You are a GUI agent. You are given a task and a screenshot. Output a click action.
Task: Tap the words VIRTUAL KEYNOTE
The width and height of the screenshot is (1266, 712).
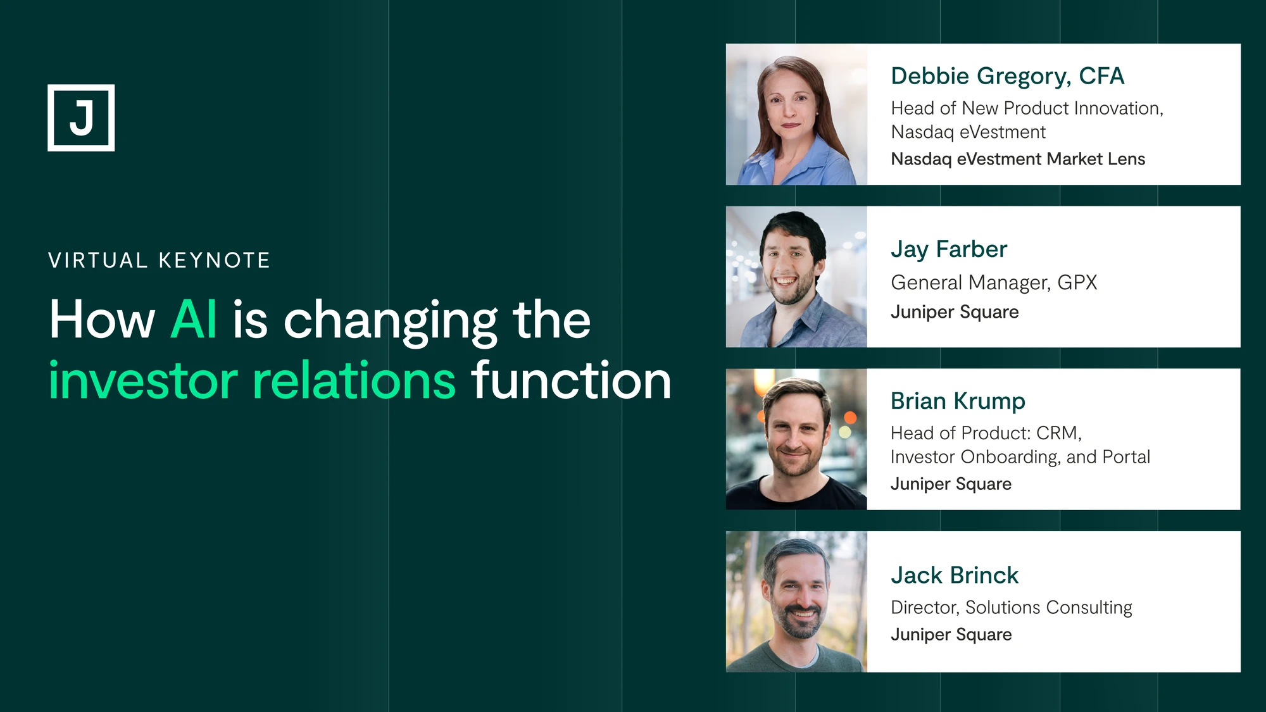(x=160, y=260)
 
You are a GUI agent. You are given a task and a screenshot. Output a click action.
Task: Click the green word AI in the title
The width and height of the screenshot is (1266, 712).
(x=194, y=320)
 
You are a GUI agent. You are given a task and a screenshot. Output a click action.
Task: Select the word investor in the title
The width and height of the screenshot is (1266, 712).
(x=144, y=381)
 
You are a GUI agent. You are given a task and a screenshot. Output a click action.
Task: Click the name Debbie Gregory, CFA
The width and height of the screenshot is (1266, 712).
(x=1008, y=77)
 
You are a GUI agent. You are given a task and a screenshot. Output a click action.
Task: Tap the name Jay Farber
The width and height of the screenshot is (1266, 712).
(x=949, y=250)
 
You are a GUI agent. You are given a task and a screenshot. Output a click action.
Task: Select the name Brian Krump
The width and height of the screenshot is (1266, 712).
(x=958, y=402)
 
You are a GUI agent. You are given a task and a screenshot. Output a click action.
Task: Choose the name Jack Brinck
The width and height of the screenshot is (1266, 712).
(x=955, y=575)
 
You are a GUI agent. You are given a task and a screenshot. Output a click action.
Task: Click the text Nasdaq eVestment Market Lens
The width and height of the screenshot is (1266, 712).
(x=1018, y=159)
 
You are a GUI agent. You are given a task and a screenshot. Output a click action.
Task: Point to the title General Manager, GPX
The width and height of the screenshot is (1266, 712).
(x=994, y=282)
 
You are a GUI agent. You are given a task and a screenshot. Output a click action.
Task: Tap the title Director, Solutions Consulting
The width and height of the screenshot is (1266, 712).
(x=1012, y=608)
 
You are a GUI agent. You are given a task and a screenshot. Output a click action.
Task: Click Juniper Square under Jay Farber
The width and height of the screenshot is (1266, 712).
(x=955, y=312)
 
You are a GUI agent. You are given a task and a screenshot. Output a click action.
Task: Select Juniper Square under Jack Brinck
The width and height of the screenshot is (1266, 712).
(x=951, y=635)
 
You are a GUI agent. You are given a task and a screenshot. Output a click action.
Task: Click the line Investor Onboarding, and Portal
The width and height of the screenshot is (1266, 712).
(x=1020, y=457)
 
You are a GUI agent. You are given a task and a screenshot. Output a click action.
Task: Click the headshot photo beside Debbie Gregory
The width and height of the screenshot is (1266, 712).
(x=796, y=115)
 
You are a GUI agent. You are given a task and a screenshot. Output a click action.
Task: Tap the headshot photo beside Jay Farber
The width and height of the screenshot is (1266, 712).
(x=796, y=277)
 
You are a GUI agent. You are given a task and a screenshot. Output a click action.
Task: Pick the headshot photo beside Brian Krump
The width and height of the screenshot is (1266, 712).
(x=796, y=439)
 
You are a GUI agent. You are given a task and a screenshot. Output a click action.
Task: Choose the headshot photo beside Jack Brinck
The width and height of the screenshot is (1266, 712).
(x=796, y=602)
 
